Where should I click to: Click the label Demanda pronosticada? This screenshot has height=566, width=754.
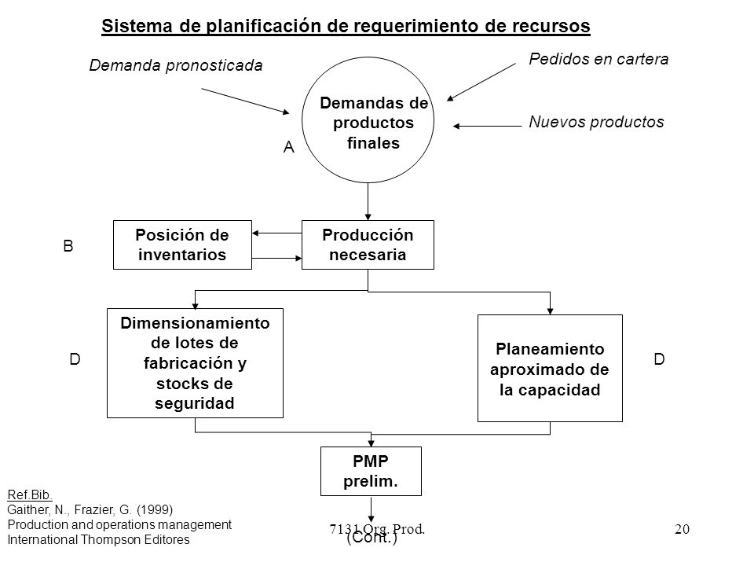176,65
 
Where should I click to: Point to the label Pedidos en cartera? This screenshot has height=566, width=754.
598,59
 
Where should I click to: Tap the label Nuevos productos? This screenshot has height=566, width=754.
596,122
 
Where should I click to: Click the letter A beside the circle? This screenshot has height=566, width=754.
288,147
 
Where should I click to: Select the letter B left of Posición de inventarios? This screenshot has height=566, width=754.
68,246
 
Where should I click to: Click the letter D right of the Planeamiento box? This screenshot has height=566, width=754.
659,359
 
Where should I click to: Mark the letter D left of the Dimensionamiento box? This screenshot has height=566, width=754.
75,359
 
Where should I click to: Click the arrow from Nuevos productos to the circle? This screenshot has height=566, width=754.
487,126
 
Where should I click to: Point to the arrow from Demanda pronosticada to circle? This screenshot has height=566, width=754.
245,101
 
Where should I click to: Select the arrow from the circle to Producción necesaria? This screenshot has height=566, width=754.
368,202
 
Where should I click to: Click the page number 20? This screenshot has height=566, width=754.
682,529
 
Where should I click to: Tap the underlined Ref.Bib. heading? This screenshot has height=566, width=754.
30,494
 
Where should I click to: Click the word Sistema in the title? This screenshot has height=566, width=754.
137,26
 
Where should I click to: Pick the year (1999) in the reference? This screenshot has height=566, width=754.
155,509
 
